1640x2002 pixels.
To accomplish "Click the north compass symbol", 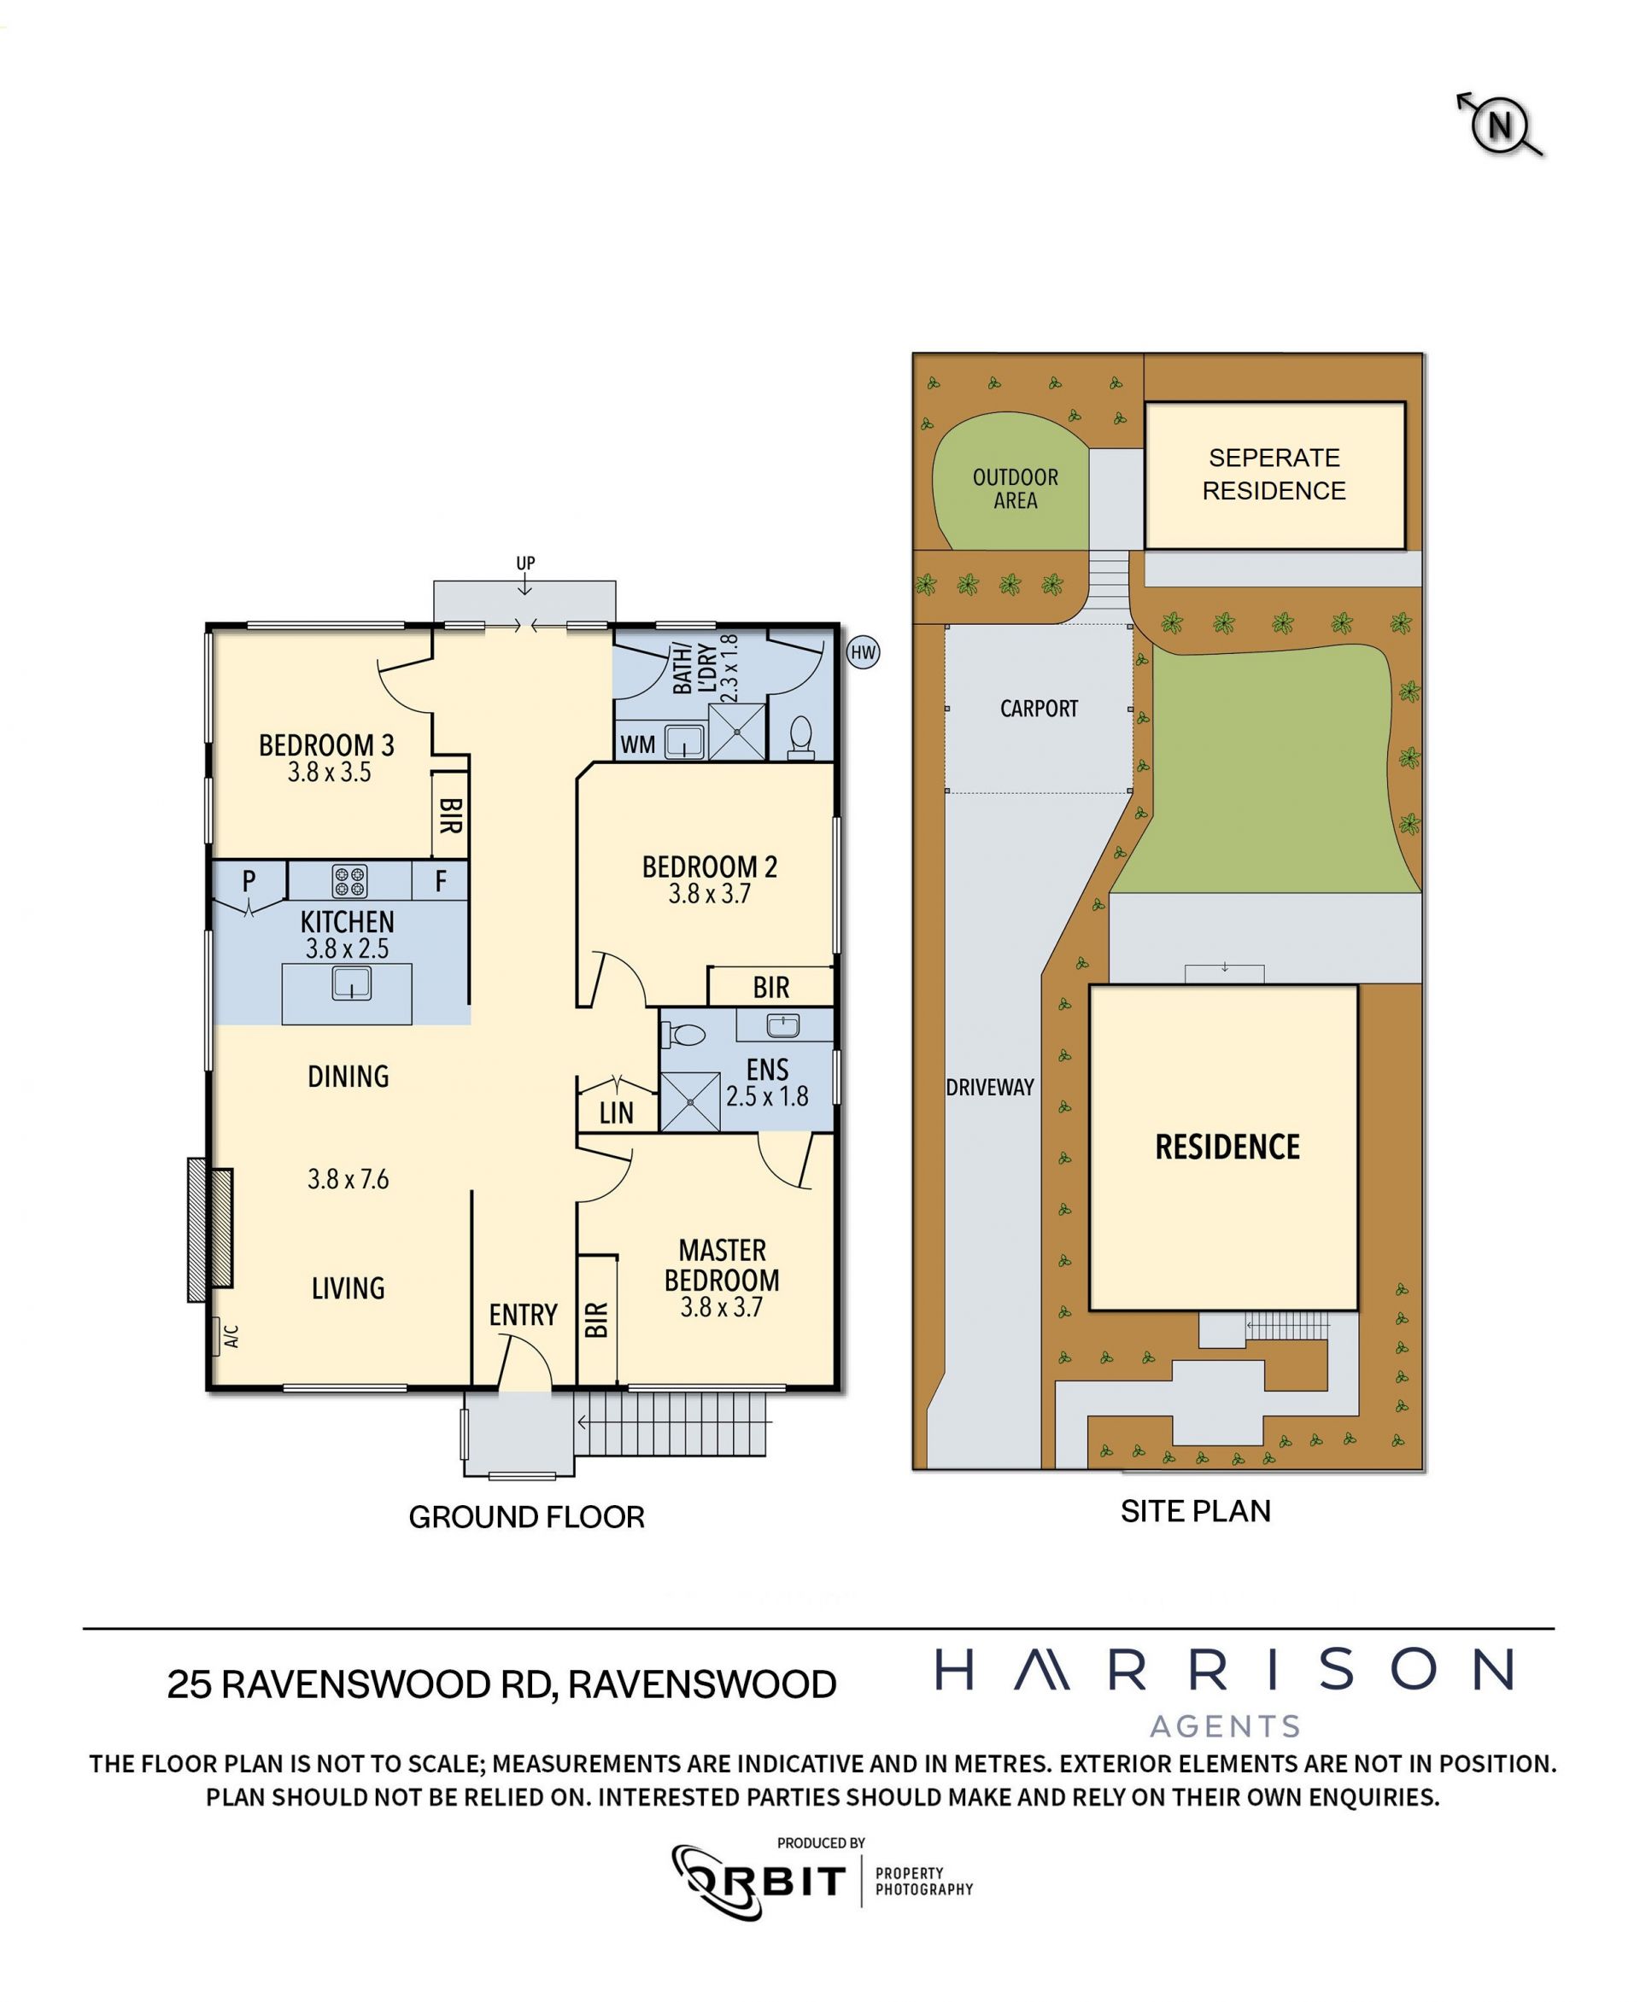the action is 1500,125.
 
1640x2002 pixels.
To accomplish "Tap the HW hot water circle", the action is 863,652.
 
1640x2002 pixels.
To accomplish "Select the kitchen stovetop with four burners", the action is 349,881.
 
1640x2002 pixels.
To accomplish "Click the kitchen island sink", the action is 351,984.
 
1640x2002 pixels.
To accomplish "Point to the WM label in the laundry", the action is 638,744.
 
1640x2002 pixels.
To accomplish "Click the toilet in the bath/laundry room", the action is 800,738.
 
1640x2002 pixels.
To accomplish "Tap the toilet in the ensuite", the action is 684,1035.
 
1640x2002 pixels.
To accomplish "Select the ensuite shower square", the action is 689,1101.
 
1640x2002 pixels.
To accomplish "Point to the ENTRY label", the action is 523,1315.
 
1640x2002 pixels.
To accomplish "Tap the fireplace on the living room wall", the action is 211,1229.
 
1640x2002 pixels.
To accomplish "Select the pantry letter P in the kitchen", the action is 249,880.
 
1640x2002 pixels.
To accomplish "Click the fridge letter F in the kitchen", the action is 440,881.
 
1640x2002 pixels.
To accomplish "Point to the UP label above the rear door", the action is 525,563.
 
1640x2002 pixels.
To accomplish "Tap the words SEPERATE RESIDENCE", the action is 1274,474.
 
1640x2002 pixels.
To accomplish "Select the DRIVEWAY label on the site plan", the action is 990,1087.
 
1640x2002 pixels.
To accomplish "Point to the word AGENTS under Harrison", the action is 1225,1727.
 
